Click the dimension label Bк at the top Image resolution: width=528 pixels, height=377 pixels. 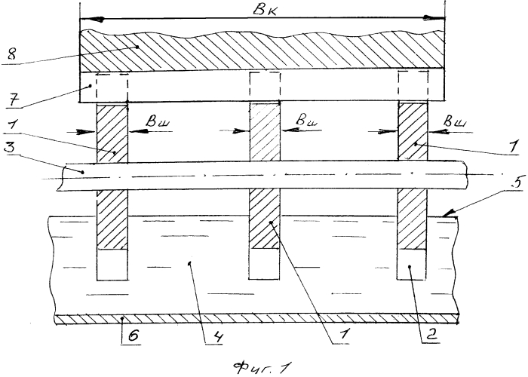click(265, 11)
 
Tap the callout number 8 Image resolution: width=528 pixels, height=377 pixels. click(12, 54)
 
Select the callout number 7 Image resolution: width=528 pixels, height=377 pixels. click(13, 100)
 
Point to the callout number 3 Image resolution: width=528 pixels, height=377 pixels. click(11, 148)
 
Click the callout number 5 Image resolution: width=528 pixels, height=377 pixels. click(517, 182)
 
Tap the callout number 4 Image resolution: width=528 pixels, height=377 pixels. click(217, 336)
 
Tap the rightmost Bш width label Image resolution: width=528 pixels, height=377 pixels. click(456, 121)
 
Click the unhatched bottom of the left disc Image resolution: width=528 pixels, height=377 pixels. click(112, 265)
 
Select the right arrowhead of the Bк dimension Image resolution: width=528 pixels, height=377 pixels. click(434, 18)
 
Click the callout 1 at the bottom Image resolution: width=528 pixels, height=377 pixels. click(344, 335)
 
